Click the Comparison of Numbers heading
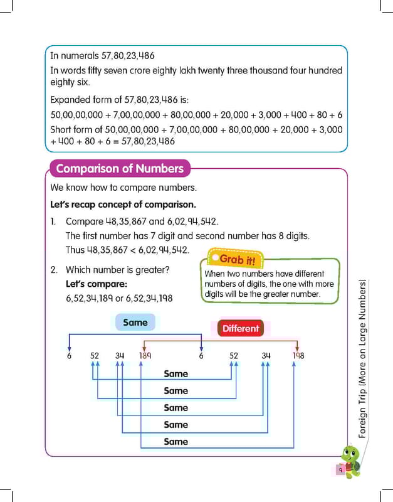120,169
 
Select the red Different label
240,328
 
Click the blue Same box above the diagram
135,323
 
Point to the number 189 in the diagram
145,356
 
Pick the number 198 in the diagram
298,356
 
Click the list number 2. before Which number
54,270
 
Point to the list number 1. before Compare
53,222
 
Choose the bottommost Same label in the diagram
176,442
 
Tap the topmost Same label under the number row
176,374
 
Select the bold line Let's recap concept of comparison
123,205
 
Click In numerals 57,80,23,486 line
102,56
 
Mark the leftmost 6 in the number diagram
69,356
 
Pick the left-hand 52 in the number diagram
95,356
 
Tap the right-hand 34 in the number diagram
266,356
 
